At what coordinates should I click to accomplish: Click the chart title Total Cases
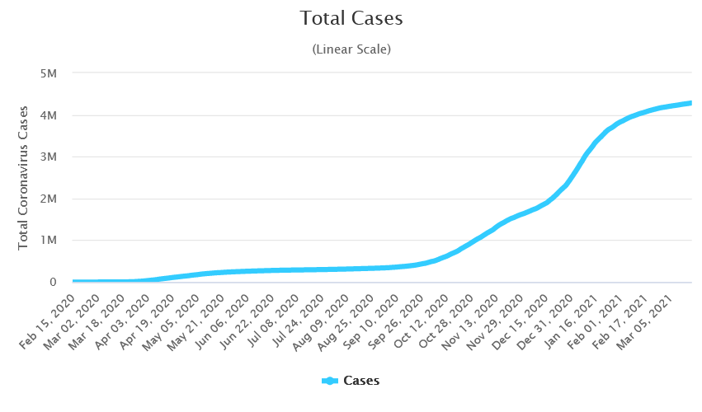(x=351, y=18)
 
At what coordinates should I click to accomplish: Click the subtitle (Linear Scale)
(x=351, y=49)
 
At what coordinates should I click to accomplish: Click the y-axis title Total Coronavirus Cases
(x=24, y=177)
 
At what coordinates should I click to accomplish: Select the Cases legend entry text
(x=361, y=381)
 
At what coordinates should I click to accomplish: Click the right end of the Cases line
(x=690, y=103)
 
